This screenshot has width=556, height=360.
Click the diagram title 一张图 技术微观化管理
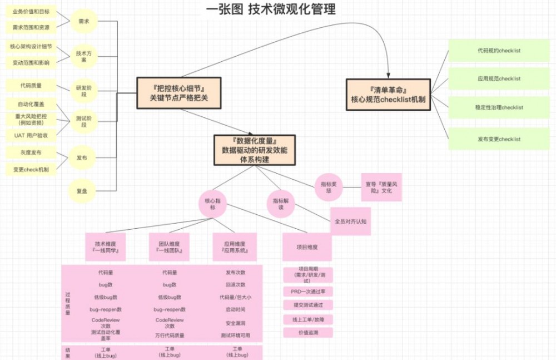pyautogui.click(x=271, y=9)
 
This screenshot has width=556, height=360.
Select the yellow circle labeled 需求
pyautogui.click(x=84, y=22)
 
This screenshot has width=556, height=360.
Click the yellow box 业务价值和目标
pyautogui.click(x=31, y=11)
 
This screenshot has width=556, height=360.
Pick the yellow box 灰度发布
pyautogui.click(x=31, y=152)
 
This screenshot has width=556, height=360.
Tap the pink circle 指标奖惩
pyautogui.click(x=329, y=187)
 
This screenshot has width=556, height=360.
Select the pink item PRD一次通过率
pyautogui.click(x=307, y=291)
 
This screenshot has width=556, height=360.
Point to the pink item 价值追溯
pyautogui.click(x=307, y=333)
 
